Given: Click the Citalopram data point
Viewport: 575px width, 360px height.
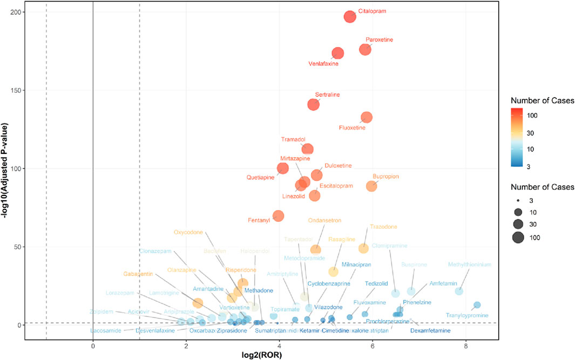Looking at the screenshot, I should pyautogui.click(x=350, y=17).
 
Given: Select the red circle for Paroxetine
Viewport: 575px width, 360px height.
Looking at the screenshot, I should pyautogui.click(x=366, y=49).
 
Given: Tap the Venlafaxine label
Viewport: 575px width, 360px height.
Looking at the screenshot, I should pyautogui.click(x=323, y=64).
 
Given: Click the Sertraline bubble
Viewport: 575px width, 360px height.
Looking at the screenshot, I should pyautogui.click(x=314, y=104).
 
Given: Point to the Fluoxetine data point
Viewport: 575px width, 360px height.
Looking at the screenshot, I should pyautogui.click(x=367, y=117).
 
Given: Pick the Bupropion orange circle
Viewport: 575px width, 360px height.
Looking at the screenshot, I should pyautogui.click(x=371, y=186).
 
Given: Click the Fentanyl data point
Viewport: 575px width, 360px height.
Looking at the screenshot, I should pyautogui.click(x=279, y=216).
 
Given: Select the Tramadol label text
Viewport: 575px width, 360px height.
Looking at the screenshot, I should pyautogui.click(x=293, y=139).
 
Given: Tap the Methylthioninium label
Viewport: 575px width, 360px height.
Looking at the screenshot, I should pyautogui.click(x=469, y=264).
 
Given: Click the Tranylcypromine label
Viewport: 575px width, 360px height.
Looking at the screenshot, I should pyautogui.click(x=467, y=315).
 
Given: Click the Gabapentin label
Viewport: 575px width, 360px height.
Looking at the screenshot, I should pyautogui.click(x=138, y=274).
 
